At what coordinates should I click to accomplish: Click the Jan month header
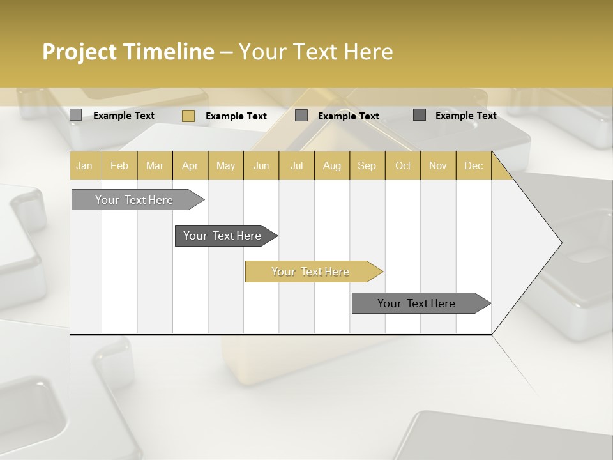tap(84, 165)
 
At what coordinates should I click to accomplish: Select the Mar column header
tap(155, 165)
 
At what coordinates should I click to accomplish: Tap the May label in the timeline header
tap(225, 165)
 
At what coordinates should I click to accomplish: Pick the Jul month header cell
tap(296, 165)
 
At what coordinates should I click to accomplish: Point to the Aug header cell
tap(331, 165)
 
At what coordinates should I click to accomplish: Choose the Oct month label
tap(402, 165)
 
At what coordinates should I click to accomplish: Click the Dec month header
tap(473, 165)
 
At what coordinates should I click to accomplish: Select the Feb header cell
tap(119, 165)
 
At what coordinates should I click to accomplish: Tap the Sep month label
tap(367, 165)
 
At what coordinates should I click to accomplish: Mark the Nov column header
tap(437, 165)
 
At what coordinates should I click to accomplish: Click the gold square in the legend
tap(188, 116)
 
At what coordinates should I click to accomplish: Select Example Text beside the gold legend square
tap(236, 116)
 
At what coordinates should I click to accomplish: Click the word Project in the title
tap(80, 52)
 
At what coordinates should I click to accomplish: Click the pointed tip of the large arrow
tap(560, 243)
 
